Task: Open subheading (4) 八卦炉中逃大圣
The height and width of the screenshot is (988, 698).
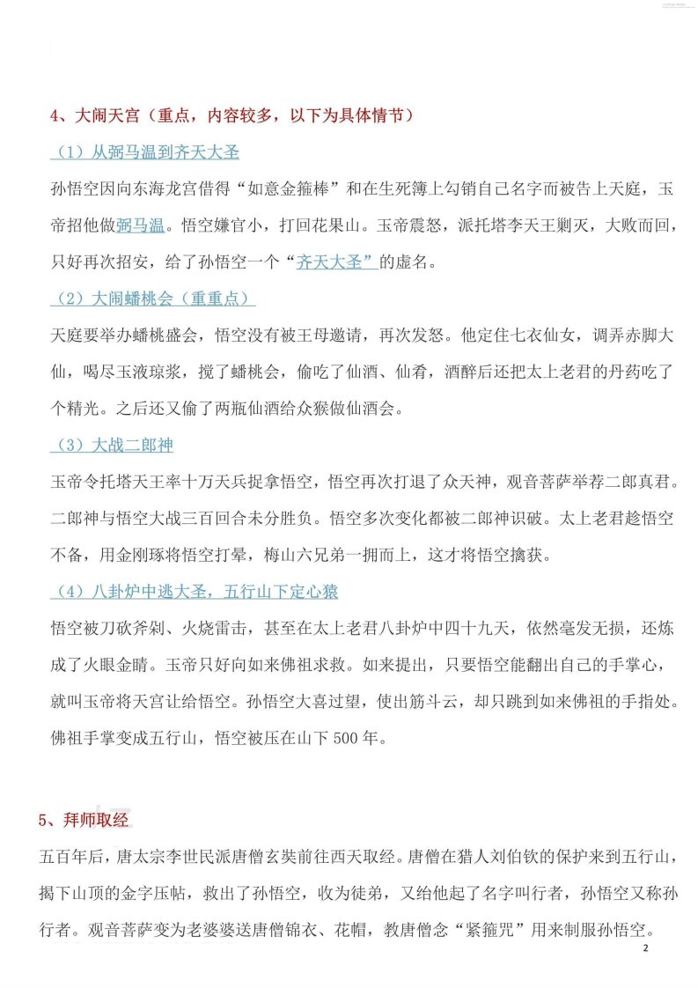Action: [194, 591]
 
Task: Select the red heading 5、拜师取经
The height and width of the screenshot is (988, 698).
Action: [84, 819]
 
